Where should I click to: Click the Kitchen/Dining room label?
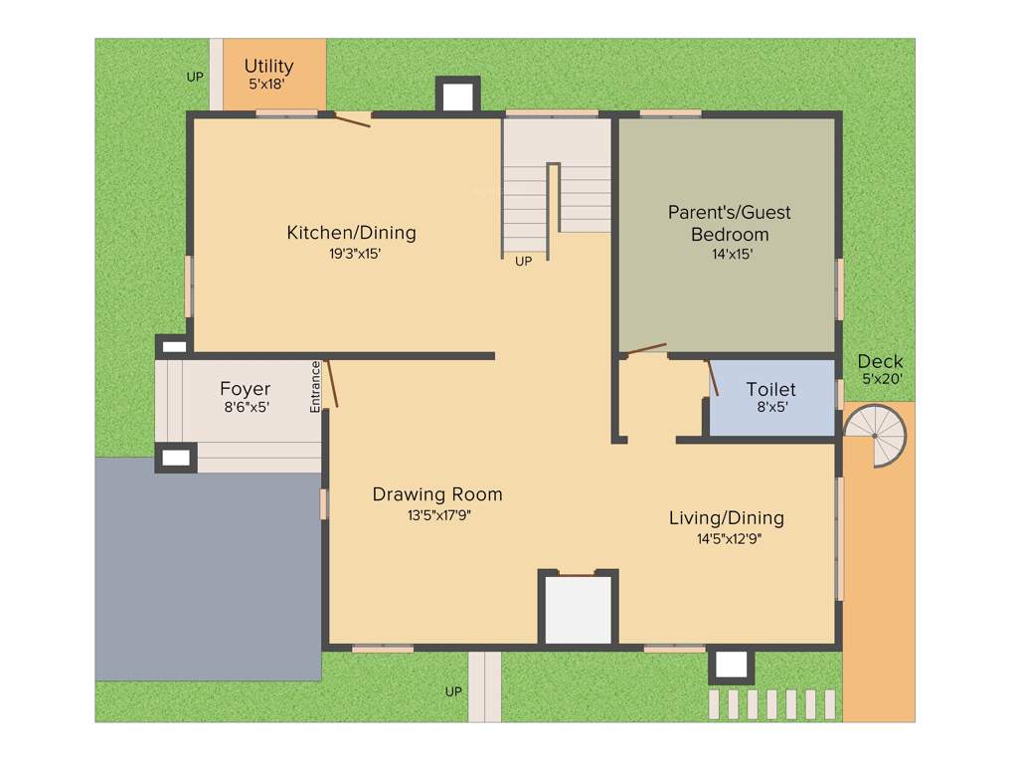[351, 233]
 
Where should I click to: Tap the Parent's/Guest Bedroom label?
[730, 223]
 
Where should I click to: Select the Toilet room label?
[770, 390]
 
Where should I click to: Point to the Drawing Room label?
[437, 494]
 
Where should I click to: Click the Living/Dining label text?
[726, 518]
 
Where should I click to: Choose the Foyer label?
[245, 389]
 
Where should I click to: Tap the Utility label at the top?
[268, 67]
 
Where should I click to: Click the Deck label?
[880, 361]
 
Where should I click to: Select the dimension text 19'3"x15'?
[355, 254]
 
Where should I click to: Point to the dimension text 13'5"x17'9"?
[437, 515]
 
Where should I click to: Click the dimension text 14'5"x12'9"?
[729, 539]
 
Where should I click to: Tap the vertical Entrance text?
[315, 386]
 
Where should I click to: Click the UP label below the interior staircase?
[523, 262]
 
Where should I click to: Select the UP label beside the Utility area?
[195, 77]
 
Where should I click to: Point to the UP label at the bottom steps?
[453, 691]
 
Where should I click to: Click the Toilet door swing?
[712, 379]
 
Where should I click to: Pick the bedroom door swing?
[643, 348]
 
